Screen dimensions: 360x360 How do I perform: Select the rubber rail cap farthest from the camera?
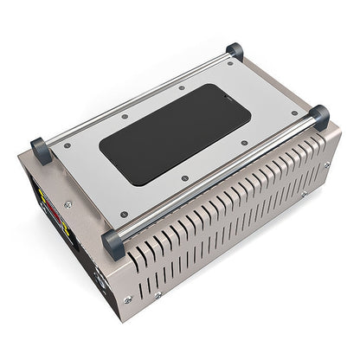[x=235, y=50]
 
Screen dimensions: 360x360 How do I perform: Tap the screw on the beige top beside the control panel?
[x=68, y=204]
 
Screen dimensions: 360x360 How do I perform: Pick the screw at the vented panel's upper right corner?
[x=327, y=164]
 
